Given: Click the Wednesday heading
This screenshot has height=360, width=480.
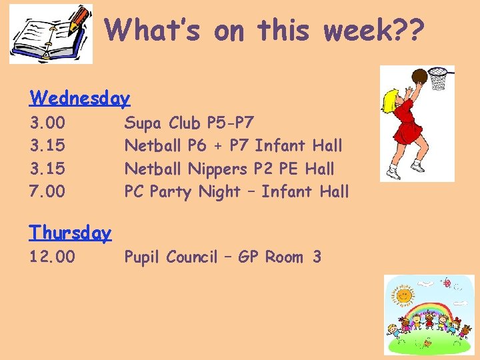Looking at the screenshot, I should coord(79,99).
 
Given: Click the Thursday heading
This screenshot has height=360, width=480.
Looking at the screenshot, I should coord(70,233).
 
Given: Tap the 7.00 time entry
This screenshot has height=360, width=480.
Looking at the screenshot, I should coord(47,192).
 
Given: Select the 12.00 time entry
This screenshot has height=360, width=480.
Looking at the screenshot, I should coord(52,257).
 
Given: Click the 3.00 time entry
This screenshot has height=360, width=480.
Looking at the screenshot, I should coord(47,123).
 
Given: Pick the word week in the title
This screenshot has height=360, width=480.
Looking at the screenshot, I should coord(348,29).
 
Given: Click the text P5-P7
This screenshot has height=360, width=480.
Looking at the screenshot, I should coord(230,123).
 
